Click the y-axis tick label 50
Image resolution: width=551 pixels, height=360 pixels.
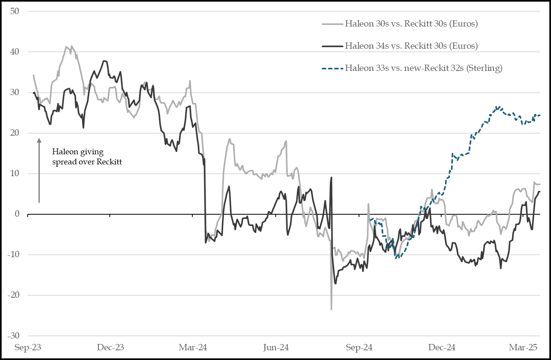pyautogui.click(x=15, y=11)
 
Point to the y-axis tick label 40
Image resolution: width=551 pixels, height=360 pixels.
pyautogui.click(x=15, y=52)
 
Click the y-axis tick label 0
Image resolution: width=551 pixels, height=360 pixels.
pyautogui.click(x=17, y=214)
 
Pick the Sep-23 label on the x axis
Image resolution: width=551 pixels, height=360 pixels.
pyautogui.click(x=28, y=348)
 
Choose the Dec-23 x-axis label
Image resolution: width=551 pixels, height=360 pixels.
pyautogui.click(x=110, y=348)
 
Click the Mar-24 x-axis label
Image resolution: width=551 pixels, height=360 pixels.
pyautogui.click(x=193, y=348)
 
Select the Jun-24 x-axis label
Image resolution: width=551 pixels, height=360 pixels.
pyautogui.click(x=276, y=348)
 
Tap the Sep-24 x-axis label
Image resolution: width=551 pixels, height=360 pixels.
pyautogui.click(x=359, y=348)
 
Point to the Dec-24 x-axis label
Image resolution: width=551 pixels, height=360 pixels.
pyautogui.click(x=442, y=348)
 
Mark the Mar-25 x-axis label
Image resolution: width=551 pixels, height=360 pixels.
pyautogui.click(x=524, y=348)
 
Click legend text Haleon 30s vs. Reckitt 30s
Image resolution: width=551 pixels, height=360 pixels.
pyautogui.click(x=411, y=24)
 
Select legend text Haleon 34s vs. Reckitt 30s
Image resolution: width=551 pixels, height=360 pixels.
pyautogui.click(x=411, y=46)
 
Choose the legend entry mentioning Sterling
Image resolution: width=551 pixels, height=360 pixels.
pyautogui.click(x=424, y=68)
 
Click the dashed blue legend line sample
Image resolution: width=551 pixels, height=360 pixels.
pyautogui.click(x=332, y=69)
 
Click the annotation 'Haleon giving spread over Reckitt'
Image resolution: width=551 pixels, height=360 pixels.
pyautogui.click(x=87, y=157)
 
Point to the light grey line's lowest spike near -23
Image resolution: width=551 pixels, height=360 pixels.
pyautogui.click(x=331, y=309)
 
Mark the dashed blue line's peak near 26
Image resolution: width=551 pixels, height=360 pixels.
pyautogui.click(x=497, y=107)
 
